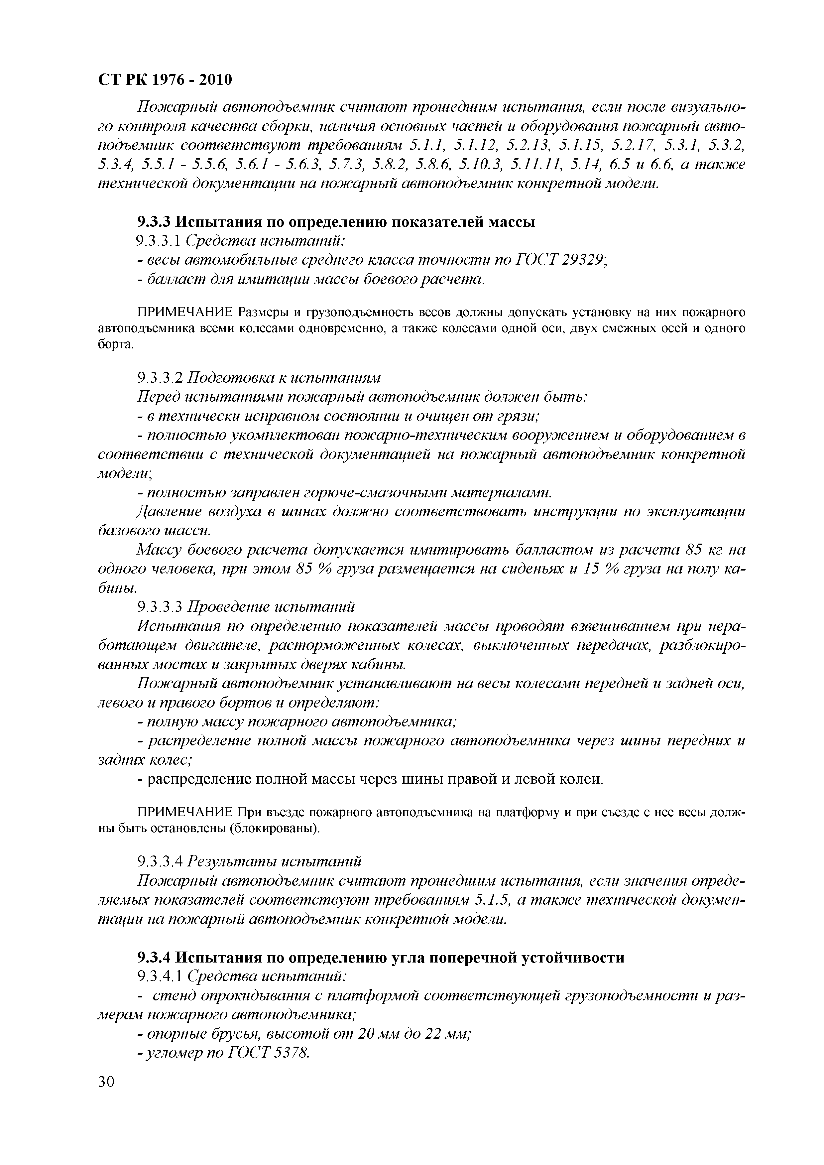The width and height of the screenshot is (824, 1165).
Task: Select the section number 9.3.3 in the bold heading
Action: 154,222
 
